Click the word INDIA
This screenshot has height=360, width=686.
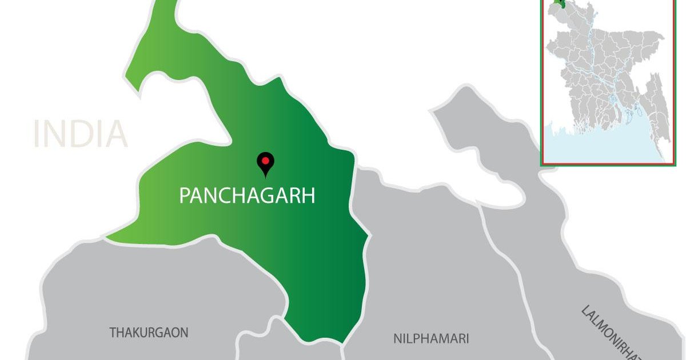(x=80, y=134)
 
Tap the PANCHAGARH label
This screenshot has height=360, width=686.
(x=247, y=196)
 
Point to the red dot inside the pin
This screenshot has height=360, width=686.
(x=265, y=161)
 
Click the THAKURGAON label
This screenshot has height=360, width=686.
(x=149, y=332)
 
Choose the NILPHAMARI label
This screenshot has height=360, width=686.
(x=431, y=338)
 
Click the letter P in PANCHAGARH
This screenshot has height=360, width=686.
(x=185, y=196)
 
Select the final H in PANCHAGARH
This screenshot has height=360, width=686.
(x=308, y=196)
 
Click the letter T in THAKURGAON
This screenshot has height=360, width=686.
(x=113, y=332)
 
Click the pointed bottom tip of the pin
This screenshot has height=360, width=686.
(x=265, y=177)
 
